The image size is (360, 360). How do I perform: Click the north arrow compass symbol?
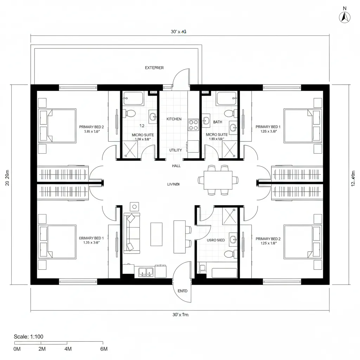tap(344, 17)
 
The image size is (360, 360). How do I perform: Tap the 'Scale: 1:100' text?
tap(28, 336)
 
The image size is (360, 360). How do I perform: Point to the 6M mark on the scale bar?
tap(104, 349)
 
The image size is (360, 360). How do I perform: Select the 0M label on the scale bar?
tap(17, 349)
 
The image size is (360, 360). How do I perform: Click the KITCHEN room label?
tap(174, 119)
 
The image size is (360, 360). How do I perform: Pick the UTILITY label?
tap(175, 150)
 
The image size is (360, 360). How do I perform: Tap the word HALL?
tap(176, 166)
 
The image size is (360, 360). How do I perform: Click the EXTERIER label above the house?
tap(154, 68)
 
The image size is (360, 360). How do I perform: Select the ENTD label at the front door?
tap(182, 291)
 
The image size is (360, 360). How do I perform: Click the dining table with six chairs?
tap(218, 180)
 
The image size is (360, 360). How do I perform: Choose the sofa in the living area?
tap(131, 232)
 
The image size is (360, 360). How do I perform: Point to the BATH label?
tap(218, 122)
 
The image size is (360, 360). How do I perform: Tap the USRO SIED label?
tap(216, 240)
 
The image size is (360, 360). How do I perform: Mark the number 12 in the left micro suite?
tap(142, 126)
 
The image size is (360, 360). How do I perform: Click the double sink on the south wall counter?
tap(146, 271)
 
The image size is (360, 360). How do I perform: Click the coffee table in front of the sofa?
tap(156, 234)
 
